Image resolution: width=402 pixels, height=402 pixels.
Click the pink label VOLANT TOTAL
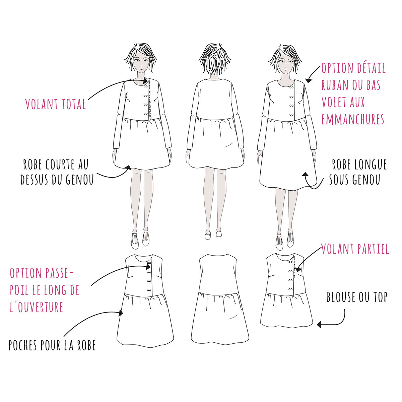[56, 104]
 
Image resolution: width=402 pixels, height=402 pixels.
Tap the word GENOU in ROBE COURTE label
[80, 179]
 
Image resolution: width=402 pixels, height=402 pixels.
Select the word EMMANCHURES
[353, 119]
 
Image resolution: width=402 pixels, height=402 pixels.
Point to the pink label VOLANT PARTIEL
[355, 249]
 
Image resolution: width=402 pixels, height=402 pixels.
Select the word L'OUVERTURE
[37, 307]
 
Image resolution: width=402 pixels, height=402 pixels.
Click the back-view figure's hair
[215, 59]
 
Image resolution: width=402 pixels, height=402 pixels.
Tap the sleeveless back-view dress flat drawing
[219, 298]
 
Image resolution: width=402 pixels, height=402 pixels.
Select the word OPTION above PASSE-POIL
[25, 273]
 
